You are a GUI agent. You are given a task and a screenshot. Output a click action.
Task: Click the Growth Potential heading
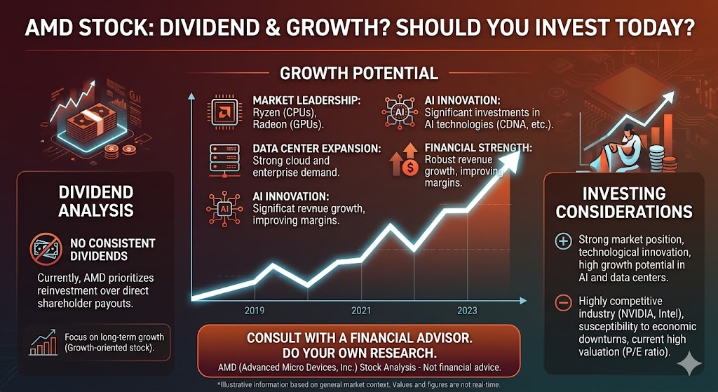tap(358, 73)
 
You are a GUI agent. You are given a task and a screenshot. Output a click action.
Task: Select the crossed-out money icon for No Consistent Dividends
tap(47, 249)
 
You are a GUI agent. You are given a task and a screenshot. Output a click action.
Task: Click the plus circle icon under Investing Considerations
tap(562, 242)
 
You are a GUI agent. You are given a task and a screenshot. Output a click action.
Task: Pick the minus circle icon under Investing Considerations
tap(562, 304)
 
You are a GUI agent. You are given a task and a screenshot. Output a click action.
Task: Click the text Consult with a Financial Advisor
tap(358, 338)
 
